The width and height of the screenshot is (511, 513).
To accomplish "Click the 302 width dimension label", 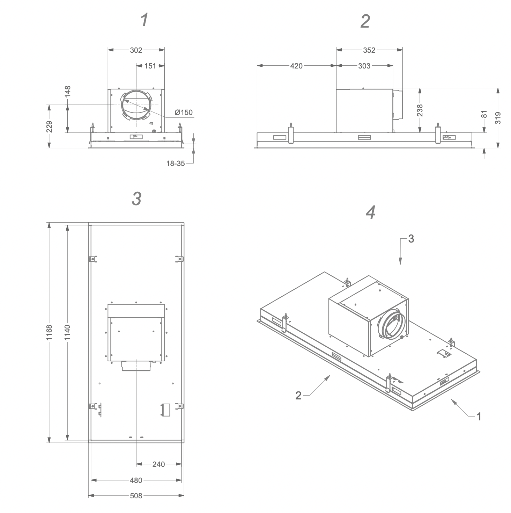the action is coord(136,50).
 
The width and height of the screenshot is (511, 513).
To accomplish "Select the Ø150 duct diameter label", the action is coord(184,112).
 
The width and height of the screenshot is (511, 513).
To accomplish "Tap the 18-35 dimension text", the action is coord(176,164).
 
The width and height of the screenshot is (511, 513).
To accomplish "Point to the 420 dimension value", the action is coord(296,66).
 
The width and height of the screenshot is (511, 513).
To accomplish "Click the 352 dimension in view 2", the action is coord(369,50).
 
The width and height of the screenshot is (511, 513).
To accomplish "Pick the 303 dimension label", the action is coord(364,66).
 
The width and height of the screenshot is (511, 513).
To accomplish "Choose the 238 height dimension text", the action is coord(420,110).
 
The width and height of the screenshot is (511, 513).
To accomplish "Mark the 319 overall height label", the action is coord(498,118).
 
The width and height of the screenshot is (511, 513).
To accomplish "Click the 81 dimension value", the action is coord(484,114).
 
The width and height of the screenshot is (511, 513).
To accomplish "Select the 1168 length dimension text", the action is coord(49,332).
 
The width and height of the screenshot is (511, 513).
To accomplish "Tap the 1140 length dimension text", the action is coord(67,332).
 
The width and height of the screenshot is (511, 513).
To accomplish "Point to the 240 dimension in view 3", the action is coord(158,464).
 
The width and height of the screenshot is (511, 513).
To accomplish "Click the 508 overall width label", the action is coord(136,496).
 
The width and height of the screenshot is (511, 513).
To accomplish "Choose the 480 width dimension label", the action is coord(136,480).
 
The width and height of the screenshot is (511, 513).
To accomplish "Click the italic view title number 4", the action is coord(371,212).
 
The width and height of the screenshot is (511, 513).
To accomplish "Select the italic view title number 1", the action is coord(145,20).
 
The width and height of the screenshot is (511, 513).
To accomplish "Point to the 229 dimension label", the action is coord(49,127).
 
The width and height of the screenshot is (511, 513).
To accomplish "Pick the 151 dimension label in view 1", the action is coord(150,66).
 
